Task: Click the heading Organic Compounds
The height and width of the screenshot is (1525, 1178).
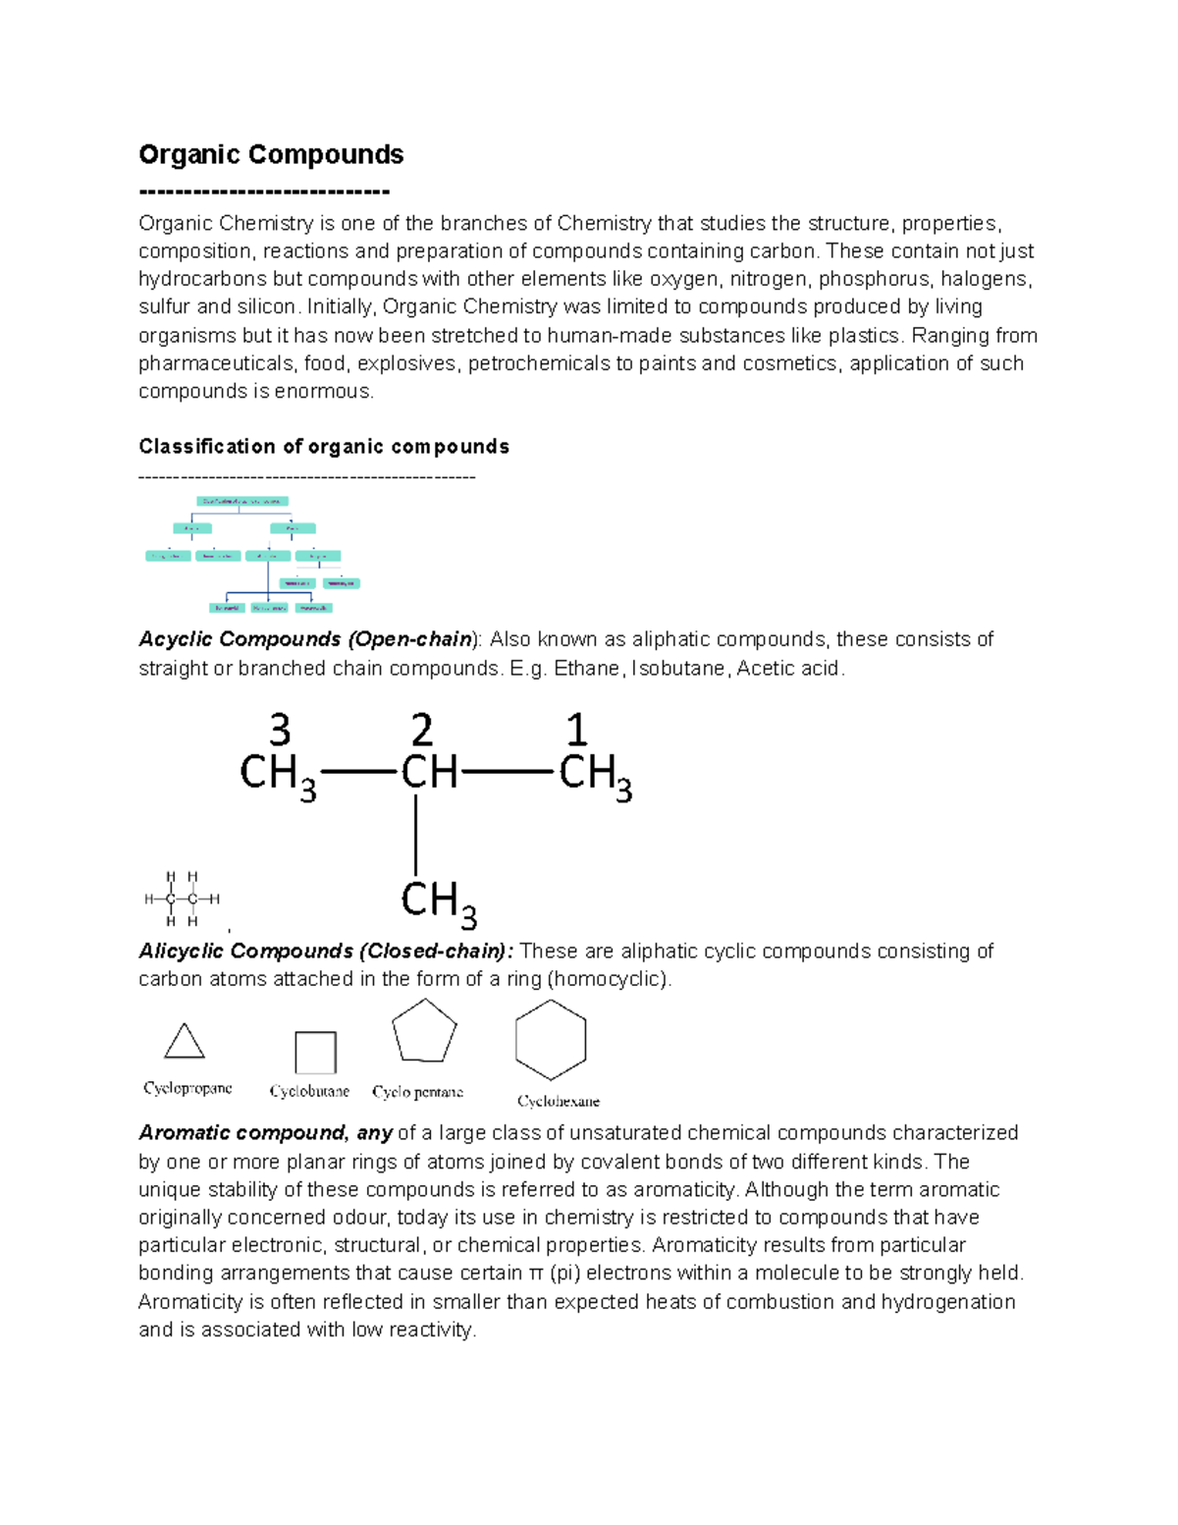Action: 271,155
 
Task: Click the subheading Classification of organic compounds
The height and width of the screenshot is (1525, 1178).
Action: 324,447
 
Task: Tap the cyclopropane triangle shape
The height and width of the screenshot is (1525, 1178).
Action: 185,1042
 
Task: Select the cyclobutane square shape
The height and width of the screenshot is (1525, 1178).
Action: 315,1052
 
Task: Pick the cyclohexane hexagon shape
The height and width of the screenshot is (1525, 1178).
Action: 551,1040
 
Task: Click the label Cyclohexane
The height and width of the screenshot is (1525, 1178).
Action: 559,1101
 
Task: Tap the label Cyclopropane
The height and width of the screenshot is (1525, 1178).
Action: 187,1088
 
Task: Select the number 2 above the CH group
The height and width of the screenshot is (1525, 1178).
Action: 421,732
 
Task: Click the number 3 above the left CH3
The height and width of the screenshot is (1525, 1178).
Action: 280,732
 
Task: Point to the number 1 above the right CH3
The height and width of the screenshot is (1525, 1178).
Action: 576,732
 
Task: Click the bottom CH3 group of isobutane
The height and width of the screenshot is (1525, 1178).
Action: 438,902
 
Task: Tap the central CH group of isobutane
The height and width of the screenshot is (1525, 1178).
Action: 429,773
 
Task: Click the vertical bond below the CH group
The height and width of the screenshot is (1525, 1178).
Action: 416,834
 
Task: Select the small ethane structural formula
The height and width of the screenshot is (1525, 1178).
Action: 182,899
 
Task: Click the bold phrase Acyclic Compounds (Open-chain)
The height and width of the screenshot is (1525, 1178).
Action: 305,639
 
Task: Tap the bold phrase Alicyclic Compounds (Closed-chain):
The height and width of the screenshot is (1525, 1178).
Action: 326,952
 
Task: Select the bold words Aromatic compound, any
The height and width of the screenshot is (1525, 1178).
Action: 265,1133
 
